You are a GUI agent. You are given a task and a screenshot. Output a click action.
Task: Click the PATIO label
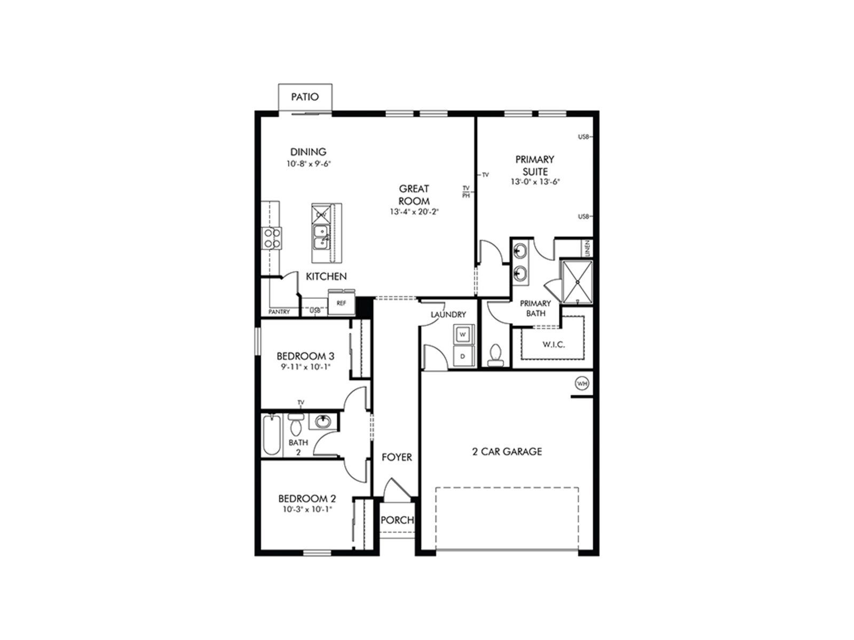point(305,97)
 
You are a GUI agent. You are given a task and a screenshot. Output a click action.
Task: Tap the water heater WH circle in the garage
point(581,383)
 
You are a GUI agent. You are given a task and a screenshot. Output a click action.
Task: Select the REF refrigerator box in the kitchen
point(341,303)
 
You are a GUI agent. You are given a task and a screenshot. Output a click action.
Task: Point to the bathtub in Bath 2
point(272,435)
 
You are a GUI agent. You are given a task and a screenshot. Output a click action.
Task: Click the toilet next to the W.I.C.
point(496,355)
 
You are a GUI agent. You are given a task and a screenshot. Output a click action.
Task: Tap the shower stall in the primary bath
point(576,281)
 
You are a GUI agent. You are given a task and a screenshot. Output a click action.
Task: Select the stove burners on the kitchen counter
point(271,238)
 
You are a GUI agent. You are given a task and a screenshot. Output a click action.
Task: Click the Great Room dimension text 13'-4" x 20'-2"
point(414,212)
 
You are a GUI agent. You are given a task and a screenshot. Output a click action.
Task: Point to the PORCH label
point(397,520)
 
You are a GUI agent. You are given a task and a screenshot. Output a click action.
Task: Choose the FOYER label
point(397,458)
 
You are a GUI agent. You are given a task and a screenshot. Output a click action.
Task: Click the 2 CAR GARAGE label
point(507,452)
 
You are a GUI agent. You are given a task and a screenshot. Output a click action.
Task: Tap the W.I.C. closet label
point(553,345)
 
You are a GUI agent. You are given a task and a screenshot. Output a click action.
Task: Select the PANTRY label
point(279,311)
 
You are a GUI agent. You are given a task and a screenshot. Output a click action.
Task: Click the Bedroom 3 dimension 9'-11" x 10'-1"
point(305,366)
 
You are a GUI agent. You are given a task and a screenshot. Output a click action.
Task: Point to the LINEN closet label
point(587,248)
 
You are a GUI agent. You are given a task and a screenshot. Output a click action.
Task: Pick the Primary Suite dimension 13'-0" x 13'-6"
point(535,182)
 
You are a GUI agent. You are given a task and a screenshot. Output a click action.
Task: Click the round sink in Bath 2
point(322,421)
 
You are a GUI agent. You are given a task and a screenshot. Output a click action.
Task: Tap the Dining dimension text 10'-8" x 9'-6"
point(309,164)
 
